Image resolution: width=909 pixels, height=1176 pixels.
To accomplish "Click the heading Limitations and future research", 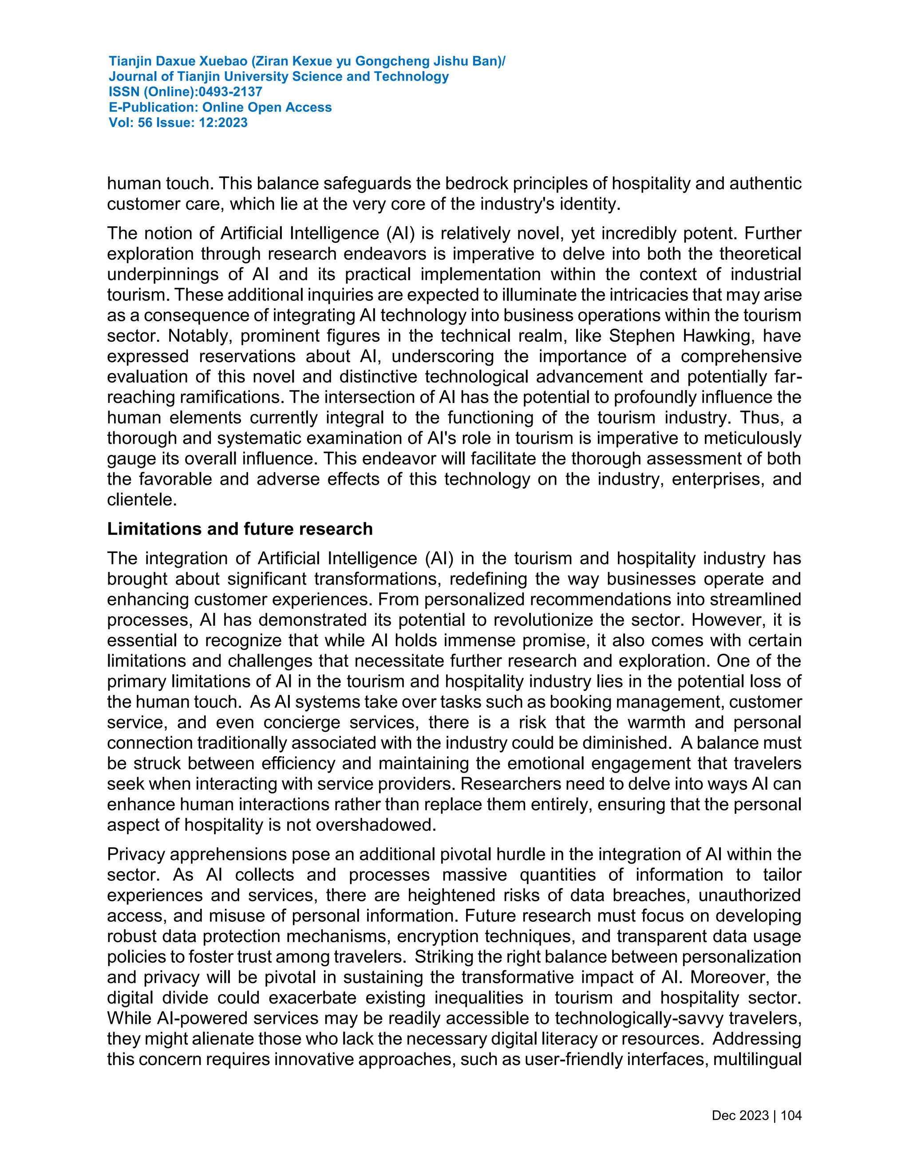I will coord(240,529).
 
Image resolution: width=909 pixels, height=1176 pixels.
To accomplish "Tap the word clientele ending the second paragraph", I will coord(141,500).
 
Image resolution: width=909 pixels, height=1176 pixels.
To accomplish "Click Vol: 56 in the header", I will coord(130,123).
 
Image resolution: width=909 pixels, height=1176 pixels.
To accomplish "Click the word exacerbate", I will coord(312,998).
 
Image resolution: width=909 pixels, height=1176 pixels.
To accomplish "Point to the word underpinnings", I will coord(162,275).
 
